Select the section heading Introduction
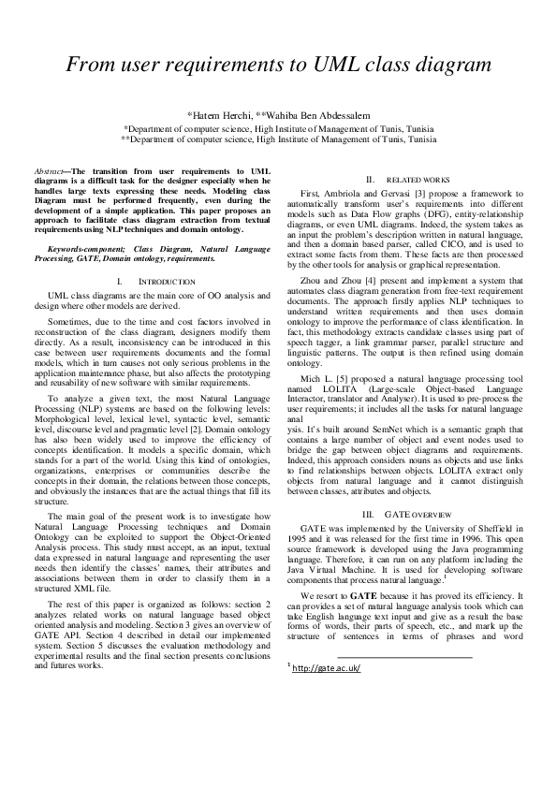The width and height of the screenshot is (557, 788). coord(166,281)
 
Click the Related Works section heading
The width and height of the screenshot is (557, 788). coord(417,179)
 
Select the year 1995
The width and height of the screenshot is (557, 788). coord(297,541)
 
